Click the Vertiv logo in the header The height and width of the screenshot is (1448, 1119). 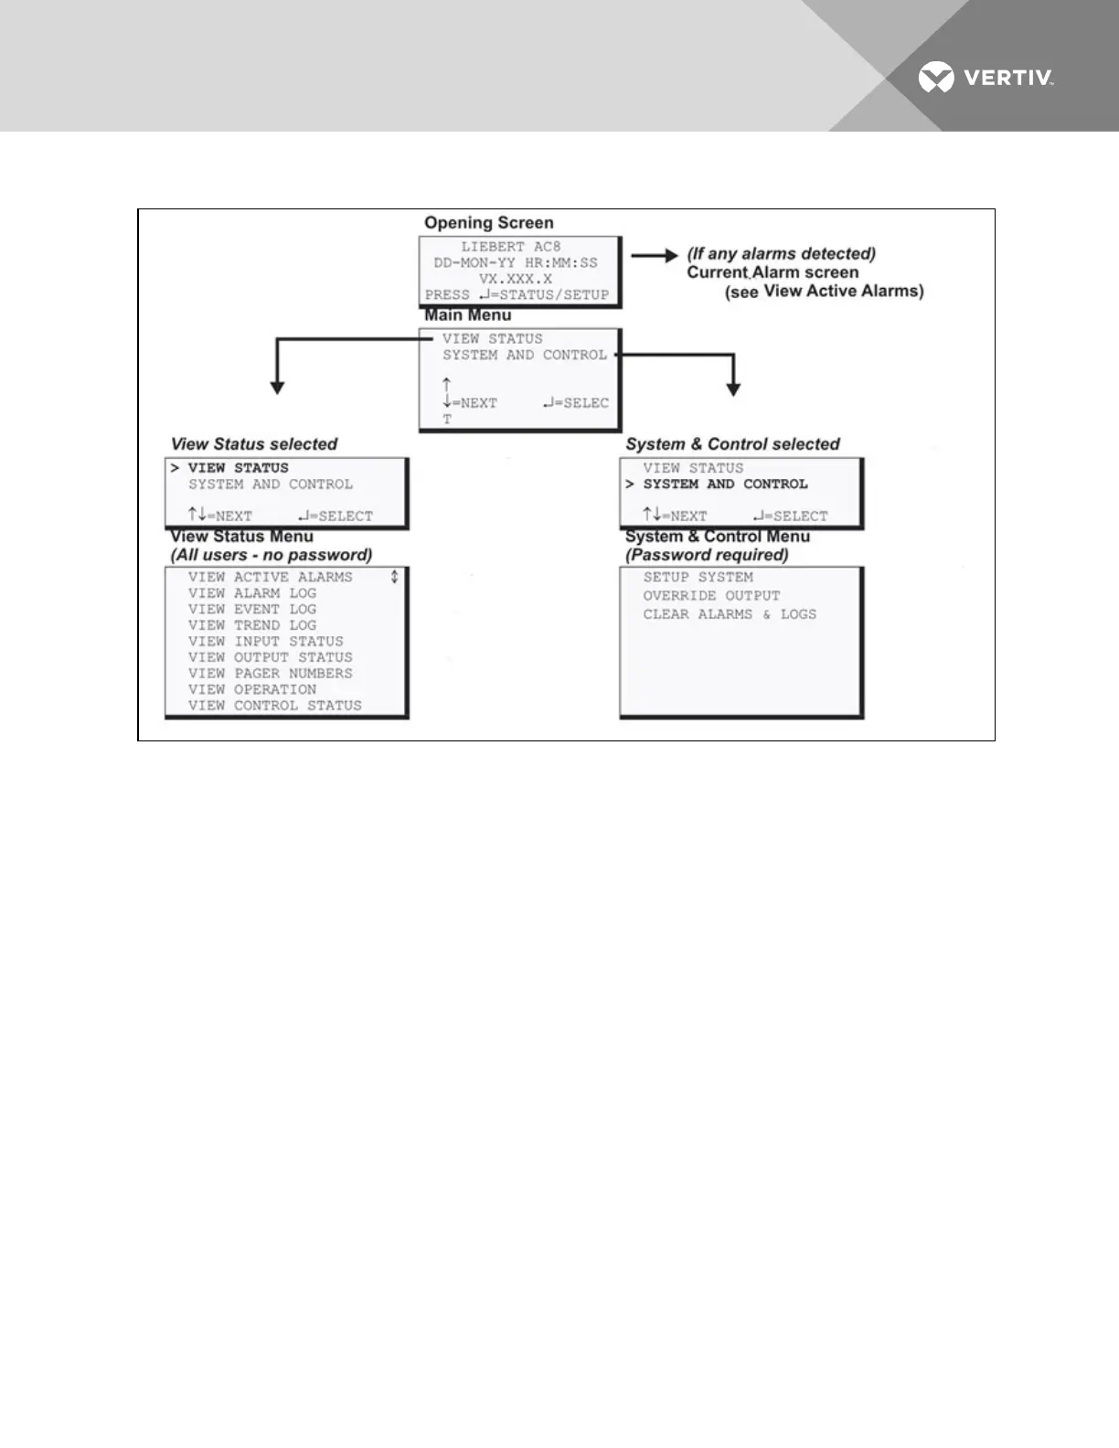[986, 78]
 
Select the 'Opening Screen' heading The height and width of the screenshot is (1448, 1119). [488, 223]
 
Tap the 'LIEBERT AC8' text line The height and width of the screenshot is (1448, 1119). [510, 247]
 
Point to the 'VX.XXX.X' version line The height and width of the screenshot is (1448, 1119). [515, 279]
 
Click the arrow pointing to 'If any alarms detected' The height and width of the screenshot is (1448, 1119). [655, 256]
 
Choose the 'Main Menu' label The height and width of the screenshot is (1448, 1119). [467, 315]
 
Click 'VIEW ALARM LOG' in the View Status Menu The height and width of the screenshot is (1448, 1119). [251, 593]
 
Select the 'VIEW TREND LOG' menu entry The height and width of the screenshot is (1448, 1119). [251, 625]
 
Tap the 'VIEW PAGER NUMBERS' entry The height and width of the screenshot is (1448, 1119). [270, 674]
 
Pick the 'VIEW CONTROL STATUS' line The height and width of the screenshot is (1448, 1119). [274, 706]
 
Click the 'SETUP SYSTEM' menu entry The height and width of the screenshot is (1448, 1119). [698, 578]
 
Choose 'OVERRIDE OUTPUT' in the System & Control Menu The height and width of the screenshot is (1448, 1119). [711, 596]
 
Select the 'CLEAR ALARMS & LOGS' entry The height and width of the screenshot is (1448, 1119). [729, 615]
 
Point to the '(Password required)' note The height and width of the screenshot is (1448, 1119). [707, 555]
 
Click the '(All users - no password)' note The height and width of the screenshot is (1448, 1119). [271, 555]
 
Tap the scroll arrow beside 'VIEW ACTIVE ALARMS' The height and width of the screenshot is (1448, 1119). [394, 577]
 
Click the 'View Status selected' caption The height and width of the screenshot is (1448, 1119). [253, 444]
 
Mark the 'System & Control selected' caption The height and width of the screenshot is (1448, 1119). [732, 444]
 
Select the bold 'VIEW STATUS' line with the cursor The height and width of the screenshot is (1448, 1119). [238, 468]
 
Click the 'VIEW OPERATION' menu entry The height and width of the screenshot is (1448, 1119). [251, 690]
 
